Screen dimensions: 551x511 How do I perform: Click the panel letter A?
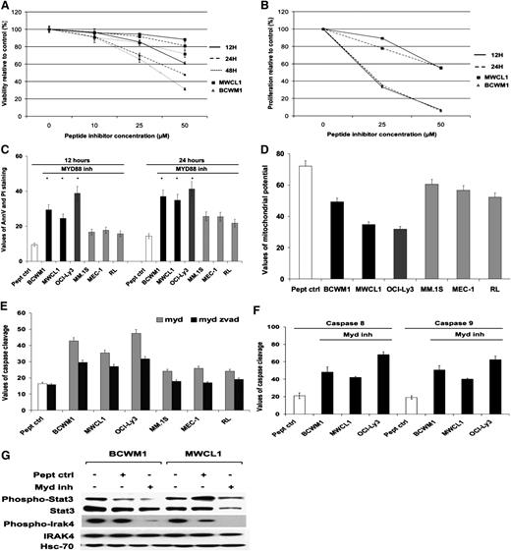7,7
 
